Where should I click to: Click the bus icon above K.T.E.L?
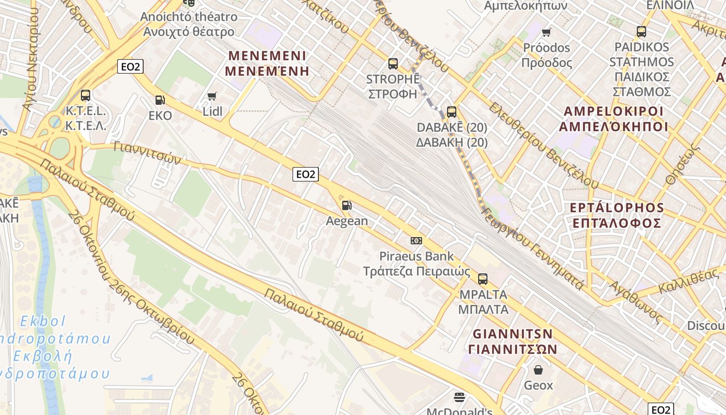(x=86, y=95)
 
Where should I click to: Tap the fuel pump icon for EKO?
(x=160, y=100)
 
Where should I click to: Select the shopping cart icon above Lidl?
(x=212, y=96)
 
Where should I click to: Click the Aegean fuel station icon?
(x=346, y=205)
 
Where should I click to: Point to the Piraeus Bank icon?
(x=416, y=241)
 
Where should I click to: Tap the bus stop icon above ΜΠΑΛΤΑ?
(x=483, y=279)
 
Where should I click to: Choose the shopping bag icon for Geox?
(x=538, y=370)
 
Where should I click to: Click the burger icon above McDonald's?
(x=459, y=397)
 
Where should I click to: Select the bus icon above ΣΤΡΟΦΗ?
(x=393, y=64)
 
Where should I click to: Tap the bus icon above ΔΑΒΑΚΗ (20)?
(x=452, y=112)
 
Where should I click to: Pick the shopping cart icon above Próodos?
(x=546, y=33)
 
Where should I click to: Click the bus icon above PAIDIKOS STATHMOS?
(x=641, y=31)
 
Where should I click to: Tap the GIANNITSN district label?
(x=512, y=333)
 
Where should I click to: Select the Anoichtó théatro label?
(x=189, y=17)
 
